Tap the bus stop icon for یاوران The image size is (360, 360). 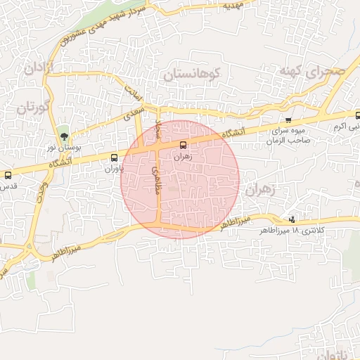click(x=115, y=157)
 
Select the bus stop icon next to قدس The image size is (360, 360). click(x=8, y=175)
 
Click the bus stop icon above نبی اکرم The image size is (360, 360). click(x=357, y=115)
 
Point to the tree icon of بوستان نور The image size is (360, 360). click(x=64, y=136)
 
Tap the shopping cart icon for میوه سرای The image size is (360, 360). click(x=288, y=120)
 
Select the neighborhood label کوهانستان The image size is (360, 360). click(x=192, y=74)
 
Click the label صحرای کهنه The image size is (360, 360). click(x=313, y=71)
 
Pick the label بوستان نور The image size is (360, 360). click(x=61, y=147)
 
